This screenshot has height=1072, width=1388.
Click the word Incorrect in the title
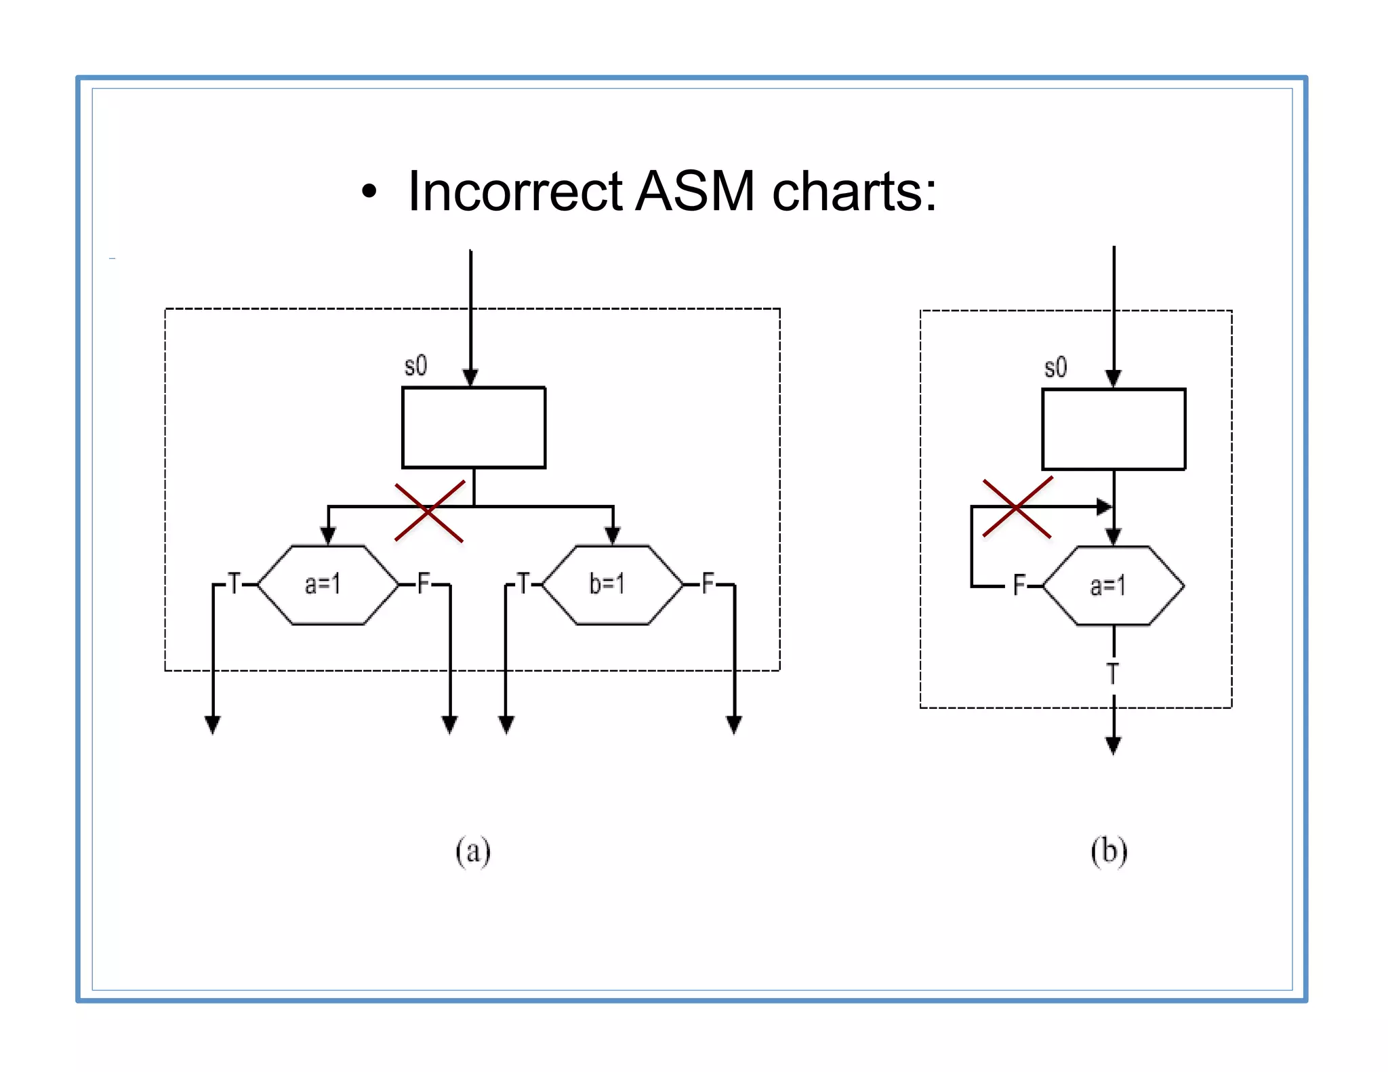click(x=515, y=192)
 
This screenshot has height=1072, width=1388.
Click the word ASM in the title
click(x=695, y=192)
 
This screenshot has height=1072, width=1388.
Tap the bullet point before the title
click(x=368, y=192)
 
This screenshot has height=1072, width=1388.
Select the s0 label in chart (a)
click(x=415, y=366)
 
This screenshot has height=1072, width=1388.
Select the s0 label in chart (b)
click(x=1055, y=368)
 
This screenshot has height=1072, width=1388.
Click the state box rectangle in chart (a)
click(x=473, y=428)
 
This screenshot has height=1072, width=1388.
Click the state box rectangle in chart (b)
click(x=1113, y=429)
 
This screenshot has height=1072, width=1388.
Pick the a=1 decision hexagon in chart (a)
click(x=327, y=584)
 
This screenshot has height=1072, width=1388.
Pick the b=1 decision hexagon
click(x=612, y=584)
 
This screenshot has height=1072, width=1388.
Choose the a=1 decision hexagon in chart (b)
click(x=1113, y=586)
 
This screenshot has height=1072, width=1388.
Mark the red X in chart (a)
click(x=429, y=512)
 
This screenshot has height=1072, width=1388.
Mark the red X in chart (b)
click(x=1017, y=508)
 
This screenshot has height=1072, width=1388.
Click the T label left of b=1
click(x=523, y=583)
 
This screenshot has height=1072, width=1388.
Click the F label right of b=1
click(x=708, y=583)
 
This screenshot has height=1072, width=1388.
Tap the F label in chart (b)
click(x=1019, y=585)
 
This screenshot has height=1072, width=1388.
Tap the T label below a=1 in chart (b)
click(x=1112, y=674)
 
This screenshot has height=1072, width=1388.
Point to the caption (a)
click(x=472, y=851)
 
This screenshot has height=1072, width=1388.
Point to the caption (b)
click(x=1109, y=851)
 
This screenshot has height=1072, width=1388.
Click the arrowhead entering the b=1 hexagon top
click(x=613, y=536)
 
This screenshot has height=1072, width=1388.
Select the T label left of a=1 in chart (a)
click(x=234, y=583)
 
